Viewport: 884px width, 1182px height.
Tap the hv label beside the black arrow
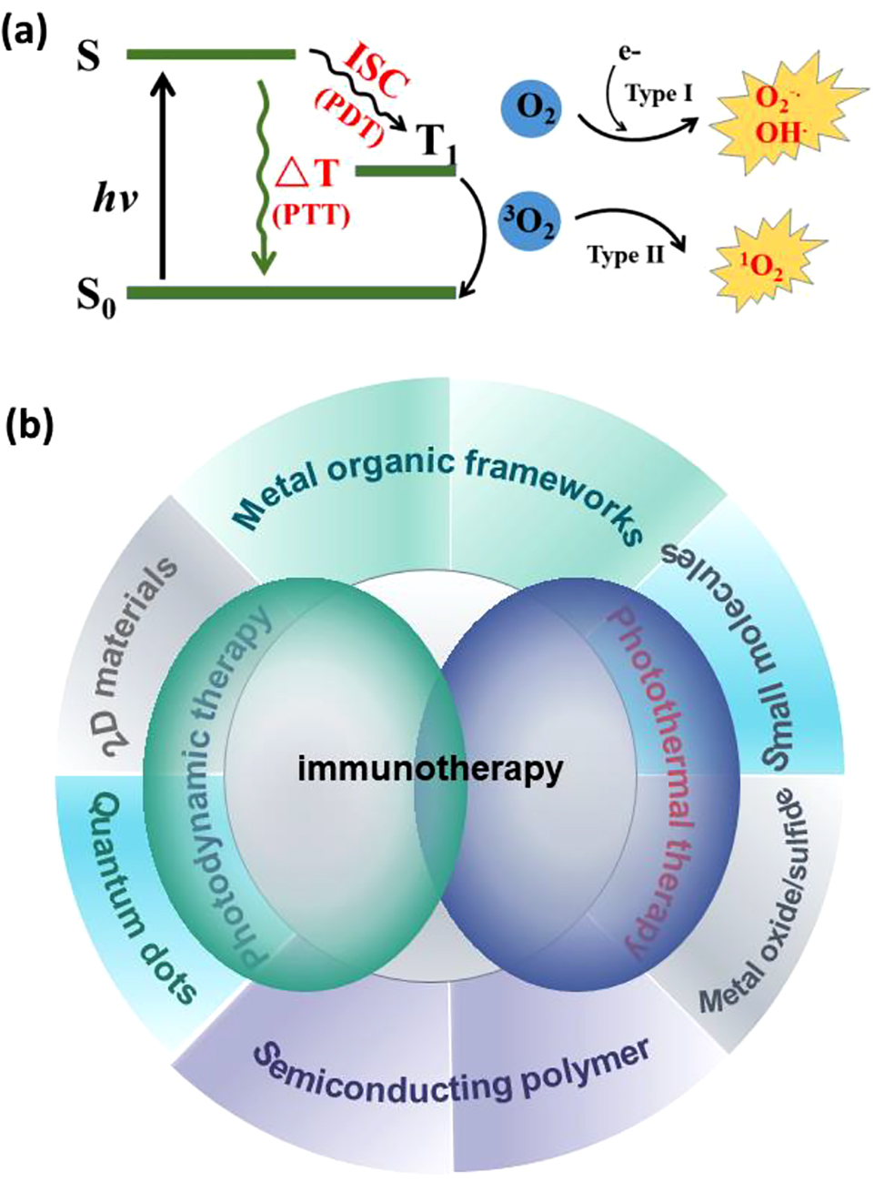tap(115, 198)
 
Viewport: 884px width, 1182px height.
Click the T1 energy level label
tap(435, 141)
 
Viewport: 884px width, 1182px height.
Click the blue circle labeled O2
tap(531, 110)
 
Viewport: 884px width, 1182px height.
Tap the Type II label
tap(626, 255)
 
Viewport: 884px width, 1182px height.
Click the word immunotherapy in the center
tap(429, 769)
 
